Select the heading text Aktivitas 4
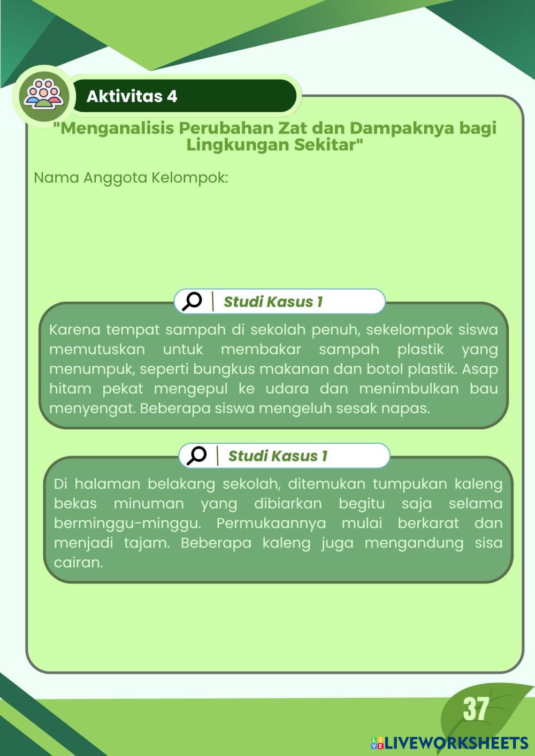[132, 96]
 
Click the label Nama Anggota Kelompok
[131, 178]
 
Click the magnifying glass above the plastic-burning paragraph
[192, 301]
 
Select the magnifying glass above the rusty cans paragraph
[197, 456]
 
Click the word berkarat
[428, 523]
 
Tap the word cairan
[78, 562]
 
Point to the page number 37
[476, 709]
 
